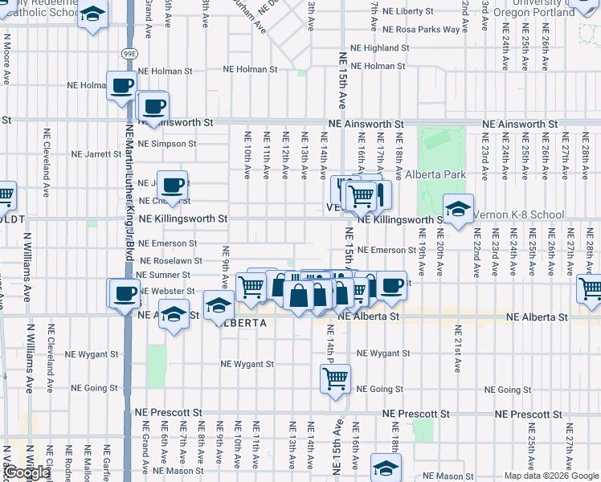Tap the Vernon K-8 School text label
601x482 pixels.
pos(518,215)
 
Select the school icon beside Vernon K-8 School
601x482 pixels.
pos(458,210)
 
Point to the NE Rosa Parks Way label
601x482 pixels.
pos(422,30)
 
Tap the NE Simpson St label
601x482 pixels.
pos(167,144)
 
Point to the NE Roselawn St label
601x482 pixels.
pos(170,261)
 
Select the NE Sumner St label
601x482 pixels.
pos(163,275)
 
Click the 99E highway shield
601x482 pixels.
pos(129,53)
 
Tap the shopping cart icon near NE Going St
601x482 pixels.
pos(335,377)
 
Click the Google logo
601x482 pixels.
pos(27,473)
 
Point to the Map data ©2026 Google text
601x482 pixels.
pos(552,476)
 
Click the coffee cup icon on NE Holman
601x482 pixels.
pos(122,85)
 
